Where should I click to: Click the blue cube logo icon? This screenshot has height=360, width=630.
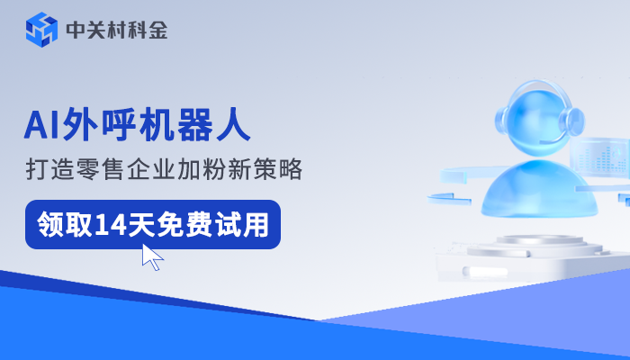click(42, 31)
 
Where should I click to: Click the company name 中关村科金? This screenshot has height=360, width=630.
click(116, 31)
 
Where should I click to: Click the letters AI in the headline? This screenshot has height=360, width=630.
click(40, 125)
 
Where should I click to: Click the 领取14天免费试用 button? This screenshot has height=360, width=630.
click(152, 223)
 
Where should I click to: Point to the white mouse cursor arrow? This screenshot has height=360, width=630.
click(152, 256)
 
